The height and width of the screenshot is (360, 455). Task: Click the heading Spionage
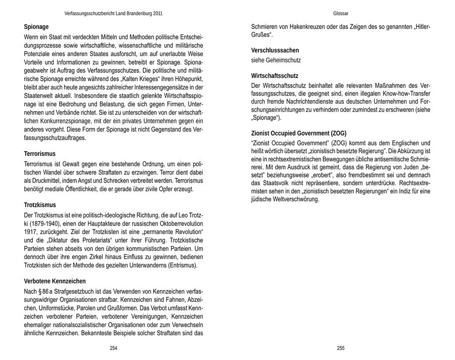(36, 26)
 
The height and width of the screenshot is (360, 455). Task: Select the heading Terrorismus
(40, 153)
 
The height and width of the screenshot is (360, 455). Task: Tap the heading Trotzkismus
(40, 205)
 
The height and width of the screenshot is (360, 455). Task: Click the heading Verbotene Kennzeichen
(55, 281)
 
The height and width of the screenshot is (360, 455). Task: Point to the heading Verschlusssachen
(275, 51)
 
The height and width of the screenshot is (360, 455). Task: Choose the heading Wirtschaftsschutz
(275, 75)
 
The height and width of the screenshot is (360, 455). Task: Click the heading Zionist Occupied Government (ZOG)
(299, 133)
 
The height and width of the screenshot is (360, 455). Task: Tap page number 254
(113, 348)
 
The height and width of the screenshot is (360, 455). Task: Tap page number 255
(341, 348)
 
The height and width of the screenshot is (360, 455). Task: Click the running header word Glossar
(341, 13)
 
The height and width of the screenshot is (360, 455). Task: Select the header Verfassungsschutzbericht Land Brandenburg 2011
(114, 13)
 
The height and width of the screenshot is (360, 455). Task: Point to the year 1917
(30, 232)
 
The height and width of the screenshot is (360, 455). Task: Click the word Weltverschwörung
(295, 199)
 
